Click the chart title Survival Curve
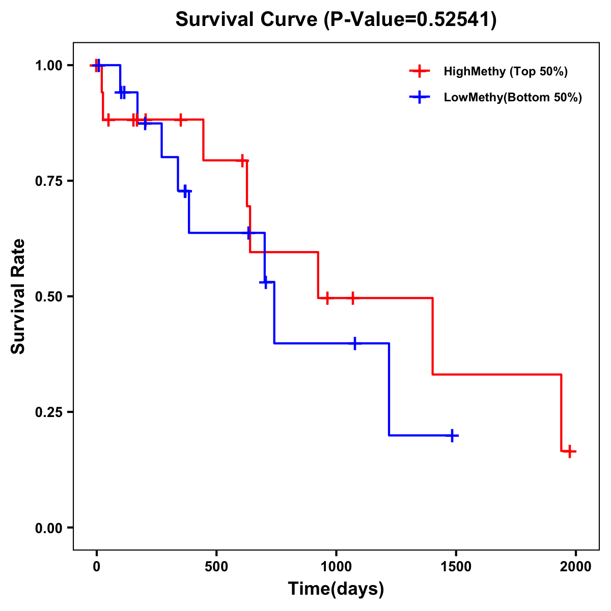(x=247, y=20)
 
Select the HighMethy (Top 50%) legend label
(x=505, y=71)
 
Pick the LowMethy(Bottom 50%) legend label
(x=513, y=97)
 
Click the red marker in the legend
(x=420, y=71)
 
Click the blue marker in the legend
(x=420, y=97)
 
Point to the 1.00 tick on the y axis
(x=48, y=65)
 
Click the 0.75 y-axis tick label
(x=48, y=181)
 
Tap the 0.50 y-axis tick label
(x=48, y=296)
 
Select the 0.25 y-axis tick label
(x=48, y=412)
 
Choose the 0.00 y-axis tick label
(x=48, y=527)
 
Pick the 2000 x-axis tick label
(x=576, y=567)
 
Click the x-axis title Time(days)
(x=336, y=589)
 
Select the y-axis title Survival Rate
(x=19, y=296)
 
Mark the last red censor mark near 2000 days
(x=569, y=451)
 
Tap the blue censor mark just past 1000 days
(x=355, y=343)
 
